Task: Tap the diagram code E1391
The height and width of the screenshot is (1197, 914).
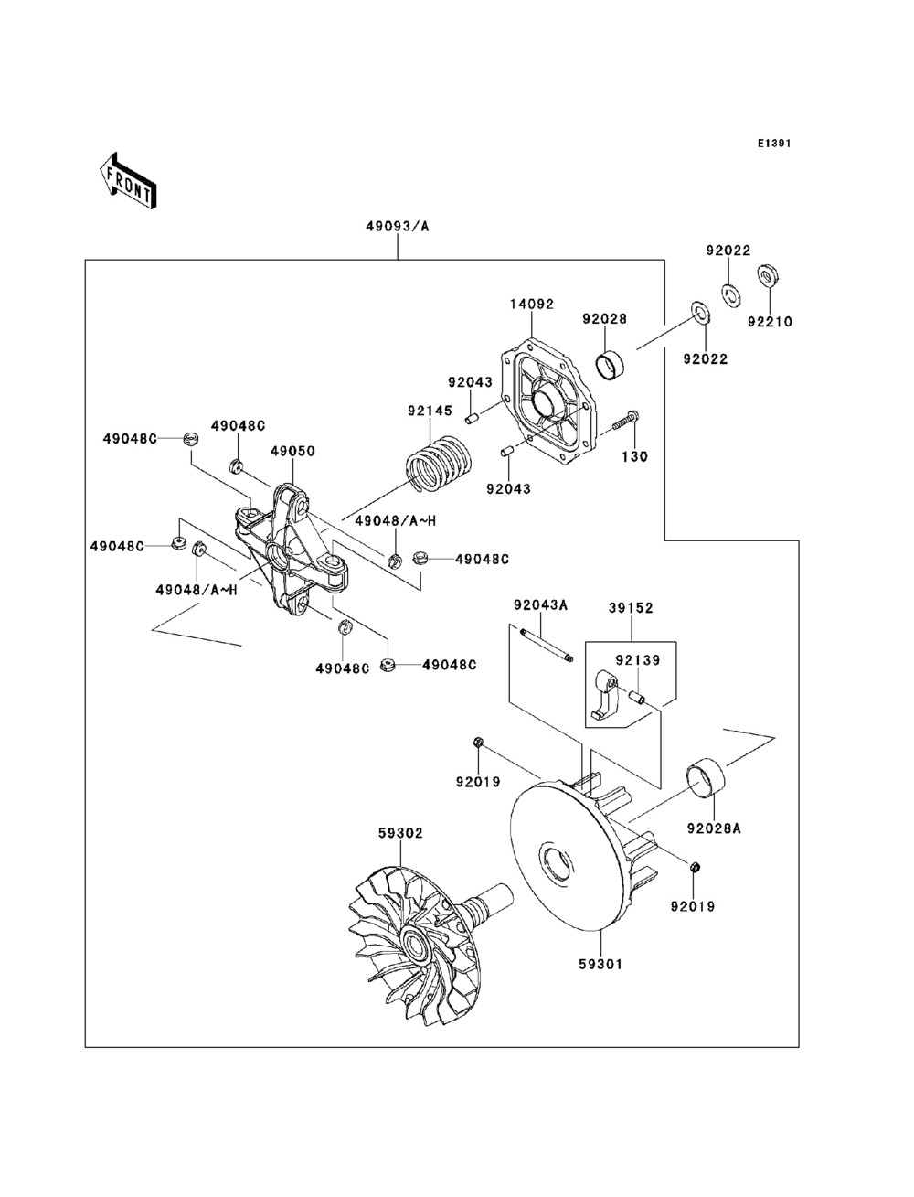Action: click(772, 144)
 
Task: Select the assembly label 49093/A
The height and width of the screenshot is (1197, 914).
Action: click(398, 226)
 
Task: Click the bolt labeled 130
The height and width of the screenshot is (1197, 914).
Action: click(623, 422)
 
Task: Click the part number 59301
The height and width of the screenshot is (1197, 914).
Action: click(600, 963)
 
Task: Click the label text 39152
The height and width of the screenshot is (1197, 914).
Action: click(632, 607)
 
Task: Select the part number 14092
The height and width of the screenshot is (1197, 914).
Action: click(531, 303)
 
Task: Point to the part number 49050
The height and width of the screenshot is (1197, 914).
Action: click(292, 451)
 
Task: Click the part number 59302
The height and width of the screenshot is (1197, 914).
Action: click(400, 833)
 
